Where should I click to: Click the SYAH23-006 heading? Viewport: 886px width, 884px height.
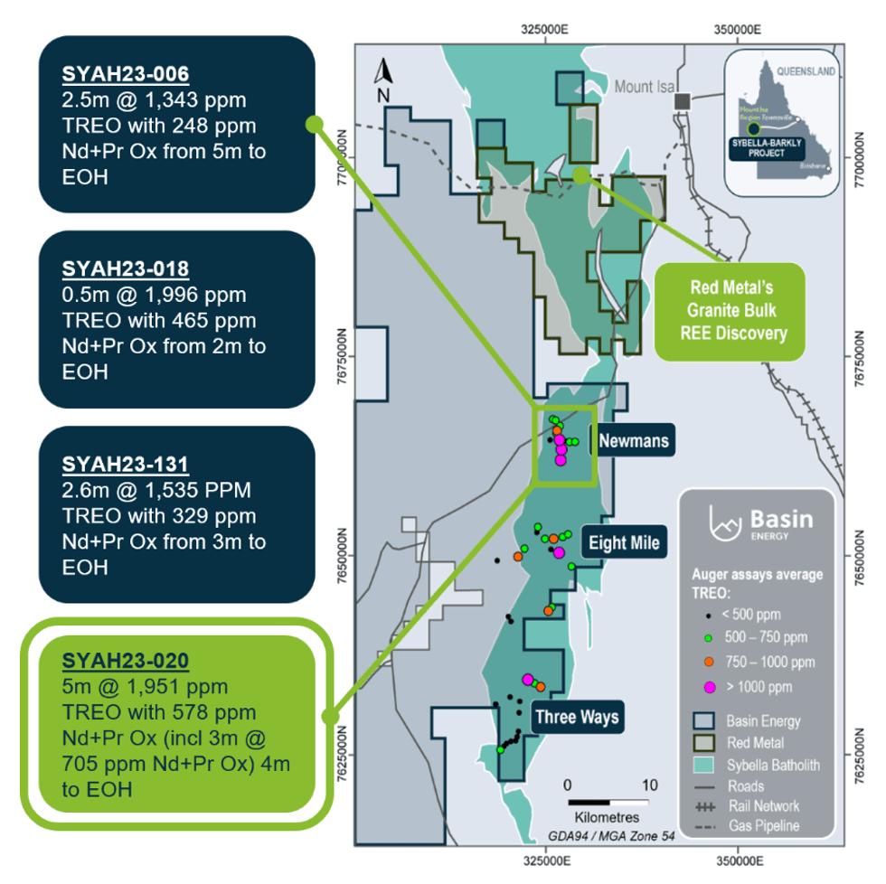point(125,74)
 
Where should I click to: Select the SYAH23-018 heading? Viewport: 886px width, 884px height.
point(125,269)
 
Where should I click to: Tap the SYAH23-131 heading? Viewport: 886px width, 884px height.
point(125,465)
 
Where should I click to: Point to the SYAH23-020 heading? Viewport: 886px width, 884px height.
point(125,662)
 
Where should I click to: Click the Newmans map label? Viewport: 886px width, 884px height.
point(634,440)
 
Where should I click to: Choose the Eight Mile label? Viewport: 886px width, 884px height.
point(624,543)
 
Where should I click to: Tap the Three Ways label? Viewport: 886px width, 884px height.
point(577,718)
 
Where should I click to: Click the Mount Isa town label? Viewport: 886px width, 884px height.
point(645,88)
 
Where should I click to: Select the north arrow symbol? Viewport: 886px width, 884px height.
point(383,78)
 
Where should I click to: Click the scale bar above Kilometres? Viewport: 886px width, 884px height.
point(608,802)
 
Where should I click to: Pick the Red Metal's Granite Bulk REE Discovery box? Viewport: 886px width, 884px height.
point(729,310)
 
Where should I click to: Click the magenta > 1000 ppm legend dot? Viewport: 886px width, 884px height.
point(709,687)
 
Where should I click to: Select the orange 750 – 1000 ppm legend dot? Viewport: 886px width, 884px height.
point(709,662)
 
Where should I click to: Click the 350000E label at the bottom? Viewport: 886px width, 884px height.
point(739,859)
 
